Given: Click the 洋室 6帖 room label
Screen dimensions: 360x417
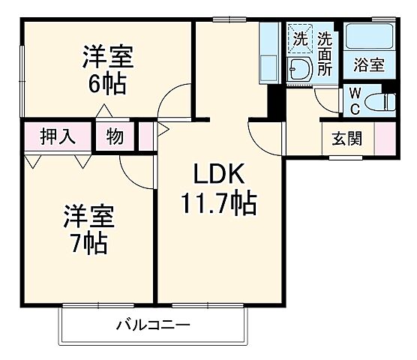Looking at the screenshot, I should [x=108, y=69].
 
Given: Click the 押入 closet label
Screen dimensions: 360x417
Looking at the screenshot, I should [x=57, y=137].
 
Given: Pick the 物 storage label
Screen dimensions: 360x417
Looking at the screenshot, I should [x=115, y=137].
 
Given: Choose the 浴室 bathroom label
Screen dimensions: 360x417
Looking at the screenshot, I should [x=369, y=65].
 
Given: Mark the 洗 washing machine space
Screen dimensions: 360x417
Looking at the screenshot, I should [x=300, y=35].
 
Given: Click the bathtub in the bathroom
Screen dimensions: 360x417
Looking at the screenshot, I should [x=369, y=37].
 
